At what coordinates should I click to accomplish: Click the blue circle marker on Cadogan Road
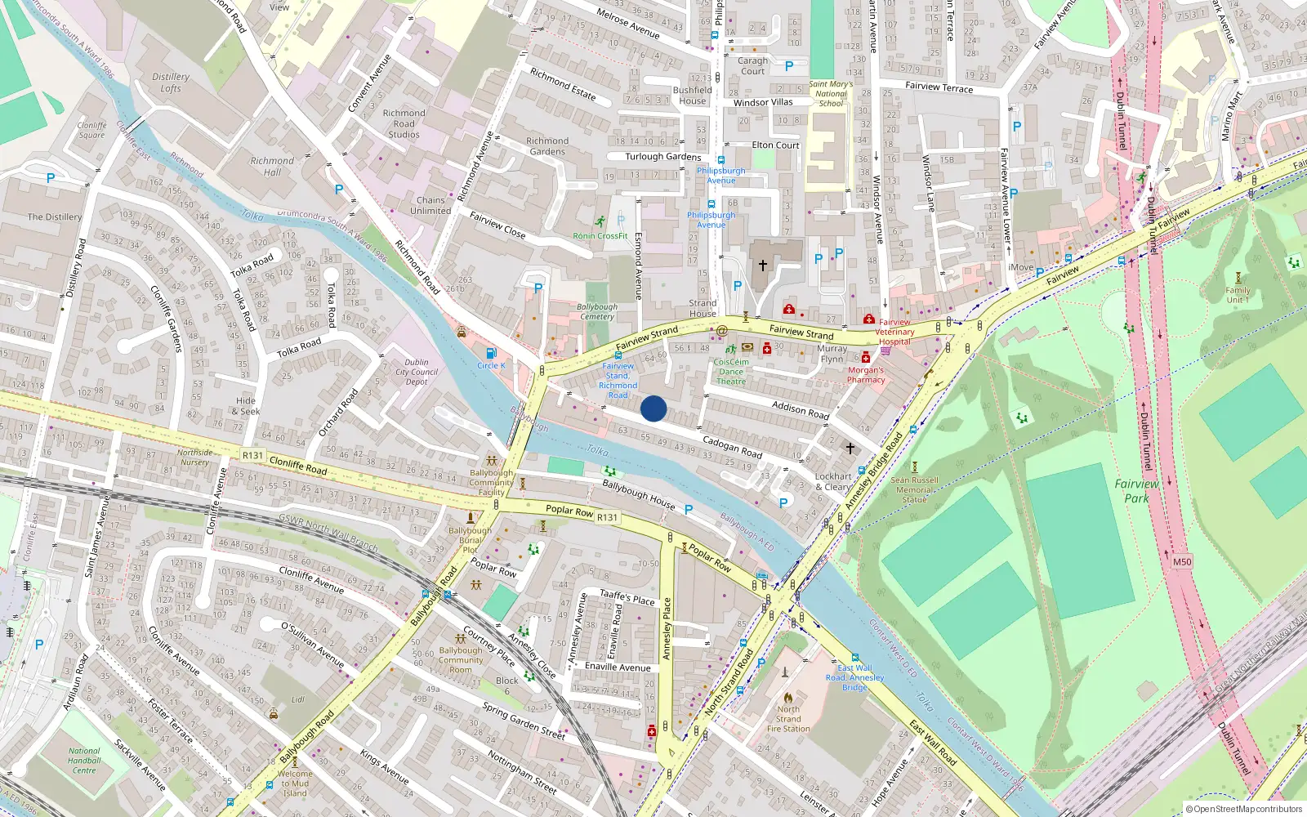pyautogui.click(x=653, y=408)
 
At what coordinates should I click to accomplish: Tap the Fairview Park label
pyautogui.click(x=1136, y=491)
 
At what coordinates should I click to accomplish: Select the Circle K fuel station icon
pyautogui.click(x=491, y=354)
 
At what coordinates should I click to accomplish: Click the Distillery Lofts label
pyautogui.click(x=171, y=83)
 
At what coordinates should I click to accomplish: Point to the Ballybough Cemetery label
pyautogui.click(x=597, y=311)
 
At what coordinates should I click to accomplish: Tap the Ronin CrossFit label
pyautogui.click(x=600, y=236)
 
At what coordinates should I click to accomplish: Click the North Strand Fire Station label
pyautogui.click(x=788, y=719)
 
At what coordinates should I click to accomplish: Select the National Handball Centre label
pyautogui.click(x=84, y=761)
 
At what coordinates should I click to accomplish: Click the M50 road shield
pyautogui.click(x=1182, y=562)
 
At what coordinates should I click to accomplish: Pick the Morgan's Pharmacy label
pyautogui.click(x=866, y=375)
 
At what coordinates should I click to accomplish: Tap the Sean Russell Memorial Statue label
pyautogui.click(x=914, y=490)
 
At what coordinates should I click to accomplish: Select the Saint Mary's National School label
pyautogui.click(x=831, y=94)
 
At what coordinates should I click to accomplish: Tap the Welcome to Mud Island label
pyautogui.click(x=295, y=783)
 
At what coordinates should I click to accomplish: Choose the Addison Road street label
pyautogui.click(x=801, y=409)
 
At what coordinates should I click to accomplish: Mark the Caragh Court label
pyautogui.click(x=752, y=65)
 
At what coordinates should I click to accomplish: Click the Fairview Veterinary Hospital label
pyautogui.click(x=895, y=332)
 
